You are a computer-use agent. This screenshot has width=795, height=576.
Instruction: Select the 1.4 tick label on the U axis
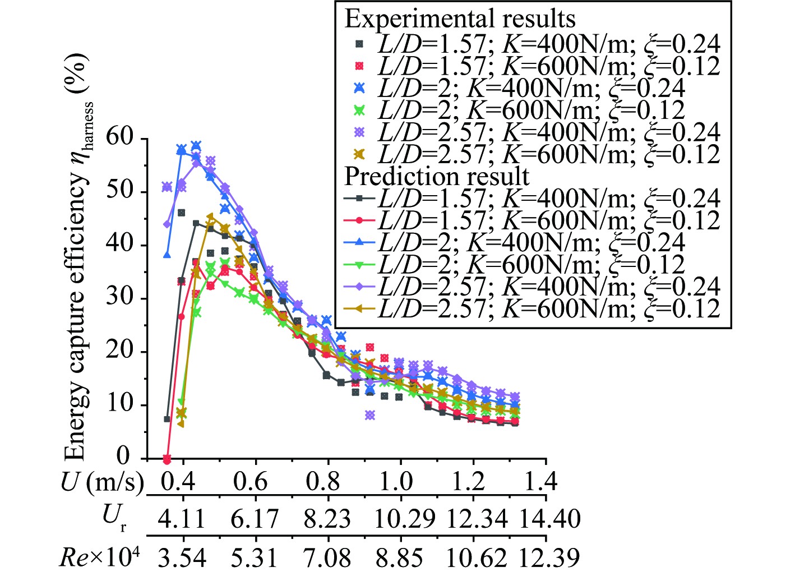click(x=541, y=481)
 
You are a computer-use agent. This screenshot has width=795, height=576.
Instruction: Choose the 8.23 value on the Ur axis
click(x=327, y=519)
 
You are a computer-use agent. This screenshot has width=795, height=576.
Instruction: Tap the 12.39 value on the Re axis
click(x=548, y=557)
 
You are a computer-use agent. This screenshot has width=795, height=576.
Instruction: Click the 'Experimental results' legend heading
click(x=460, y=19)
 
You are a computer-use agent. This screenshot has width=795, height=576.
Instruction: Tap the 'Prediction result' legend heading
click(x=437, y=176)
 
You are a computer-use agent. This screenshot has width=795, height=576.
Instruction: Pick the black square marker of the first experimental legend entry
click(x=360, y=44)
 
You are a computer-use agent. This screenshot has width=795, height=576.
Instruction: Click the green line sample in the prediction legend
click(x=360, y=264)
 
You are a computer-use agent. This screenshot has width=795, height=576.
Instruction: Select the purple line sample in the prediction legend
click(x=360, y=286)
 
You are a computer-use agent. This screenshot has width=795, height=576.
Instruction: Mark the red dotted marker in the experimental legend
click(x=360, y=66)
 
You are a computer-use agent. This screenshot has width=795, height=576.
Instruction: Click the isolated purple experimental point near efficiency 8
click(x=370, y=415)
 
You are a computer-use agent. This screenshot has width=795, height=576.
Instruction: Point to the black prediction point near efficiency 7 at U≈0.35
click(x=167, y=419)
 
